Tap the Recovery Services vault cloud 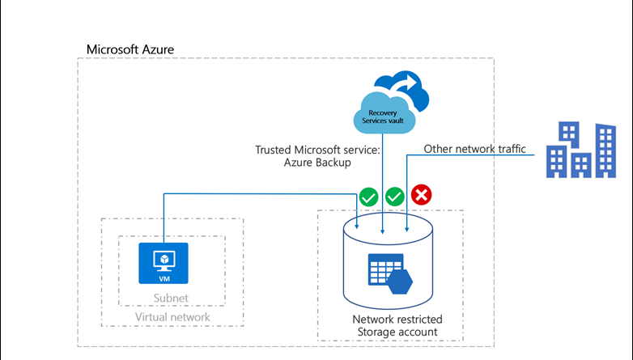[383, 113]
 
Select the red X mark [422, 195]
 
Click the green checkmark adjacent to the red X [394, 196]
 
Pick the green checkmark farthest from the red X [367, 196]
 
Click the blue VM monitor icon [164, 262]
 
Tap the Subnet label [170, 298]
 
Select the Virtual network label [171, 317]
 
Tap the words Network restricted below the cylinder [397, 319]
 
